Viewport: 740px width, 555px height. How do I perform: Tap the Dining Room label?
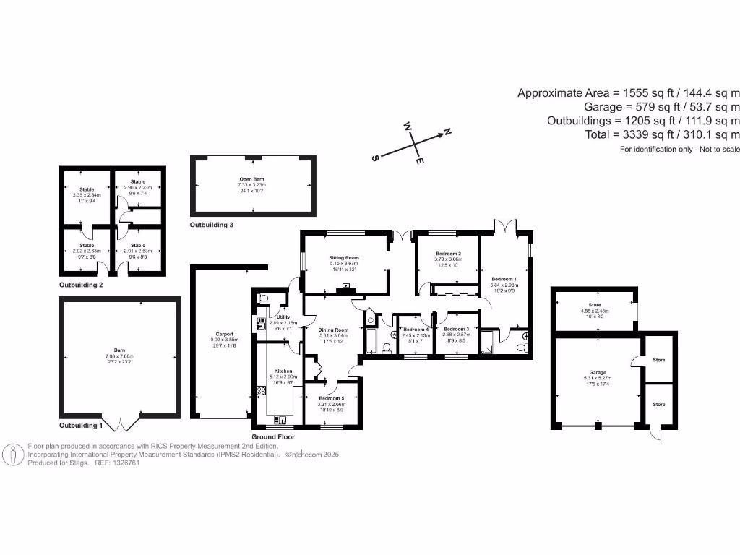pos(334,330)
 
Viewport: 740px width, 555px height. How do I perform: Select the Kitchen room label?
pos(283,371)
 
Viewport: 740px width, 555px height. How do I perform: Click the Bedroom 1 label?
pos(504,279)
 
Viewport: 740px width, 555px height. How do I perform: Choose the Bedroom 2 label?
pos(448,254)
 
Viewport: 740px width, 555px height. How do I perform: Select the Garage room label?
pos(597,372)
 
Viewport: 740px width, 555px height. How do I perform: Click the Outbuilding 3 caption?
pos(212,225)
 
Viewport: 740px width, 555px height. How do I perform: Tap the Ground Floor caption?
pos(273,437)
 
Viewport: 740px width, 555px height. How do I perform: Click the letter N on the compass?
pos(447,132)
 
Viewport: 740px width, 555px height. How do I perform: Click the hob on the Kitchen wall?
pos(260,391)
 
